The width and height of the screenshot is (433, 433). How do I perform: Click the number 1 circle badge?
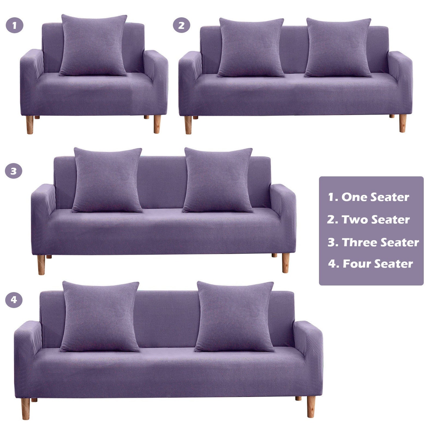point(14,25)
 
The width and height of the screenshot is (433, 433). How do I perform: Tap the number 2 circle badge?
point(182,25)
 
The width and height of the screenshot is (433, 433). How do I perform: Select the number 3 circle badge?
point(14,171)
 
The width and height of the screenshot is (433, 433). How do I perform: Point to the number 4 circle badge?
point(14,300)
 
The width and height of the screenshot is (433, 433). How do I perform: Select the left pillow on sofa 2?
point(251,48)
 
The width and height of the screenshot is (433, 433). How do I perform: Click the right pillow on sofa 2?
point(338,48)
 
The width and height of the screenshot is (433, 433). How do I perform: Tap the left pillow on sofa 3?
point(107,180)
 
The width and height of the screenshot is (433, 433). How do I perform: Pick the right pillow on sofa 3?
point(218,180)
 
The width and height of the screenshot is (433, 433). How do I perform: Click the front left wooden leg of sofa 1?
point(30,125)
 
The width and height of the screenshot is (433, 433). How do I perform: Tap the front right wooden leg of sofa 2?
point(402,123)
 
